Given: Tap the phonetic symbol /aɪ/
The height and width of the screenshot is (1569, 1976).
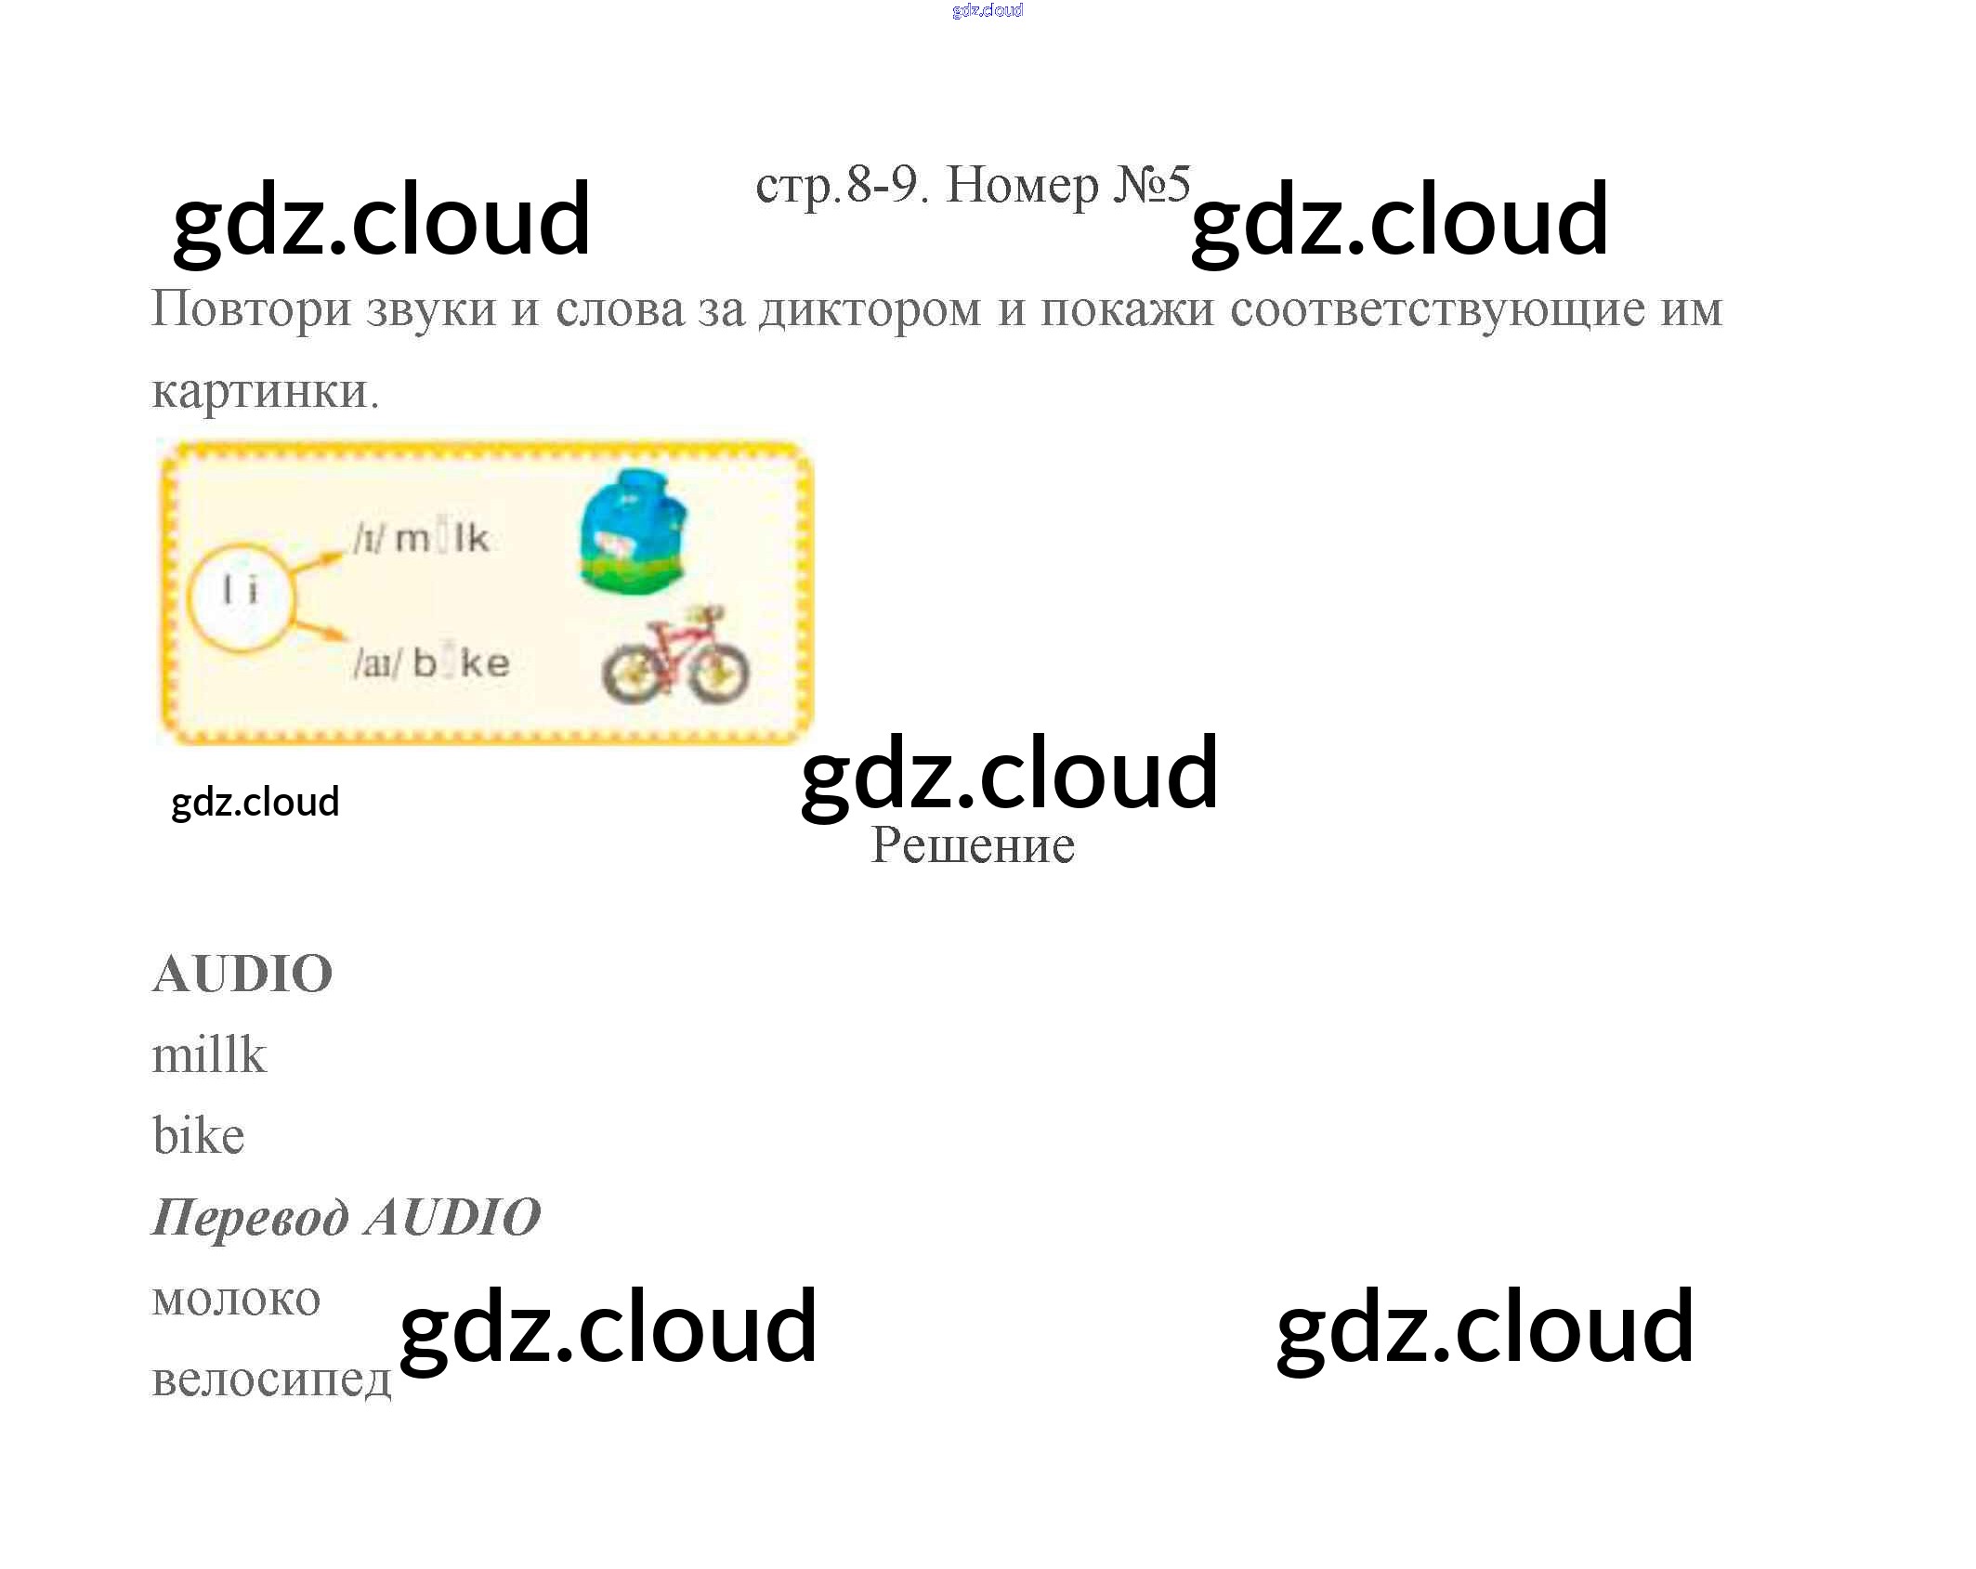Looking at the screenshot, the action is [x=376, y=663].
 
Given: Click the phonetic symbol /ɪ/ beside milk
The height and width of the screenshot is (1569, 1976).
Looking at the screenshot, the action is [x=368, y=539].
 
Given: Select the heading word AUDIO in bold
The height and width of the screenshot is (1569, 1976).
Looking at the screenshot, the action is [x=242, y=974].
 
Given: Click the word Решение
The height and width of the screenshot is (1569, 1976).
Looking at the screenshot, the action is [x=972, y=845].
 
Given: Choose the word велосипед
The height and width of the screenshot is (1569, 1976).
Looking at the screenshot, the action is [x=271, y=1379].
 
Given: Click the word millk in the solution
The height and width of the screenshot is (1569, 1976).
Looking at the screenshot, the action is [x=209, y=1055].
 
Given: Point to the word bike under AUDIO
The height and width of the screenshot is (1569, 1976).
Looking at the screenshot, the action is [x=199, y=1136].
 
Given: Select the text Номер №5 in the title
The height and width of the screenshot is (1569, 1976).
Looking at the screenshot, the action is [x=1067, y=185].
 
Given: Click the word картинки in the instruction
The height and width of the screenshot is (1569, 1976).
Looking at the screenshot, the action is [x=264, y=391].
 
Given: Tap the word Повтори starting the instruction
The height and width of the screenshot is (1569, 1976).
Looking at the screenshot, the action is [x=251, y=309].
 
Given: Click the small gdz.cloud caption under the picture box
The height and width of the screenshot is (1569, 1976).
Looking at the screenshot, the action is [x=255, y=802].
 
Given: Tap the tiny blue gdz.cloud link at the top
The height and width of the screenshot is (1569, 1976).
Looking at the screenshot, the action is [x=988, y=10].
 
